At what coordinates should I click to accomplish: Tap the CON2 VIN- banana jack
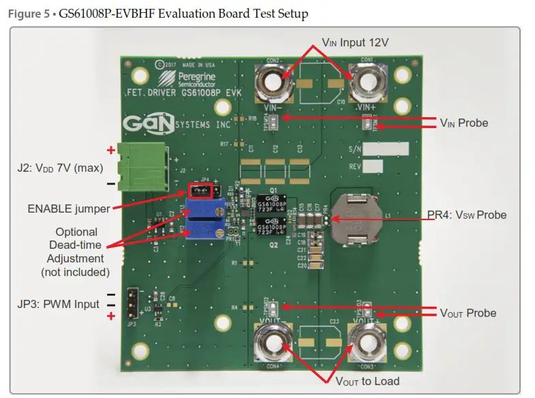click(x=274, y=82)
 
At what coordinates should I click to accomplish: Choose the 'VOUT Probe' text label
click(x=468, y=313)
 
